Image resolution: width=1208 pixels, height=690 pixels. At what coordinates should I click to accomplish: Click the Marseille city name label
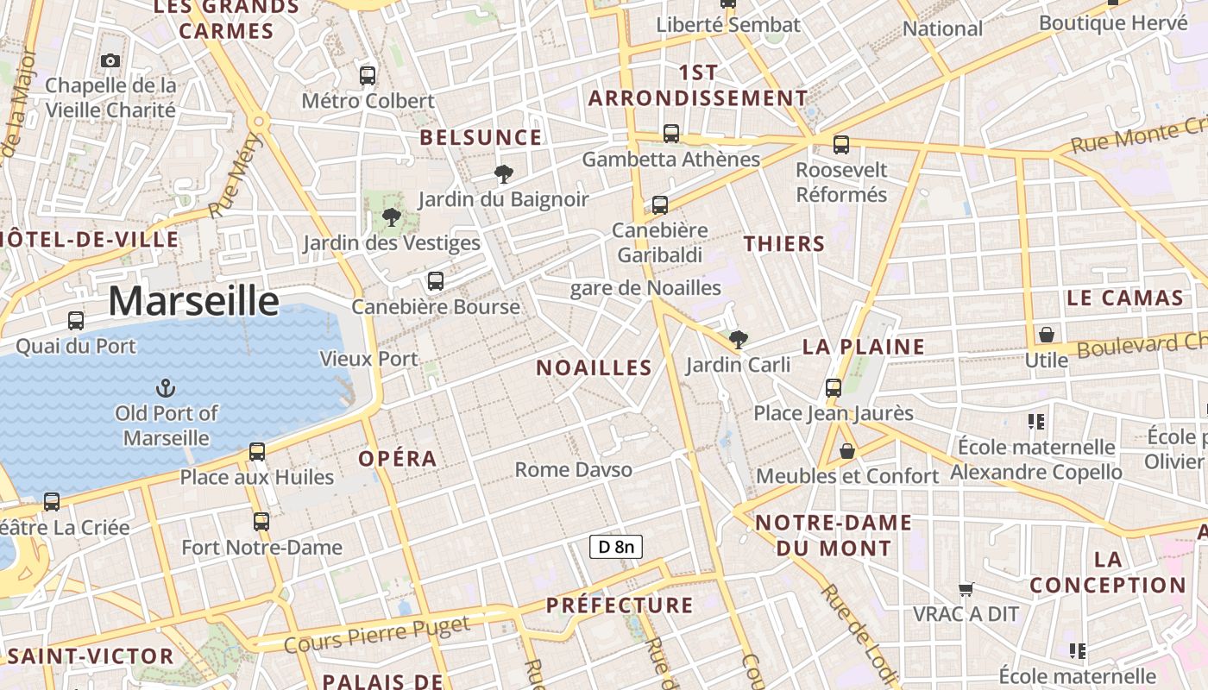coord(194,301)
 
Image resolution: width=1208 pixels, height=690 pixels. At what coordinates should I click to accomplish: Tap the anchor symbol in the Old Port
coord(165,388)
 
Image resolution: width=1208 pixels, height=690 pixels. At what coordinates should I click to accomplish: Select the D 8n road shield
coord(616,546)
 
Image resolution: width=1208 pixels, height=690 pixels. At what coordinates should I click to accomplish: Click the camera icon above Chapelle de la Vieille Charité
coord(110,60)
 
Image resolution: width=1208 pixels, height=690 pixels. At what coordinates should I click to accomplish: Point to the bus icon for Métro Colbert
coord(368,76)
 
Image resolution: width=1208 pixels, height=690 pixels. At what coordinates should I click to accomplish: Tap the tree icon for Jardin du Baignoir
coord(503,175)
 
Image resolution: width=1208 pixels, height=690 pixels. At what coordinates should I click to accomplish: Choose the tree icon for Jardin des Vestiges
coord(391,217)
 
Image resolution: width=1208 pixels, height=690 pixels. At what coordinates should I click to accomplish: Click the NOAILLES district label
coord(594,368)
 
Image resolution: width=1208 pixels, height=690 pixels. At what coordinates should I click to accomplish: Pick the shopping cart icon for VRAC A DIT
coord(966,590)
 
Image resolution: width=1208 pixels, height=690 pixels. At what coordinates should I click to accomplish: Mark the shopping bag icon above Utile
coord(1047,335)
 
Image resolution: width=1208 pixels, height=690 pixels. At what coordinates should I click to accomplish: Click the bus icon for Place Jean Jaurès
coord(833,388)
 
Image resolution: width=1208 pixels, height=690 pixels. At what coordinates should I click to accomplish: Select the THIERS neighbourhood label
coord(784,244)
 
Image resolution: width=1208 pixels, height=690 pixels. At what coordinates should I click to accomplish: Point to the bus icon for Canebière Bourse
coord(436,281)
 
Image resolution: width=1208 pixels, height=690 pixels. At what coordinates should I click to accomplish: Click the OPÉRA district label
coord(398,459)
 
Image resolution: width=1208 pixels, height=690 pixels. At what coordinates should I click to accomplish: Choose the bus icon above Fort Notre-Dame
coord(261,522)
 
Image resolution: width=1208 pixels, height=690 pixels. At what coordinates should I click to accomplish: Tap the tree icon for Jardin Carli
coord(738,339)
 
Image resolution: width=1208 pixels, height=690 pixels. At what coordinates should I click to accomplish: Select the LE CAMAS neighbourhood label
coord(1124,299)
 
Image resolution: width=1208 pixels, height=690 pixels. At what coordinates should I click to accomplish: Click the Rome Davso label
coord(574,470)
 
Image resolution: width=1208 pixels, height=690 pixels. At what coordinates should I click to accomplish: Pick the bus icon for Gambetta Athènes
coord(671,134)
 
